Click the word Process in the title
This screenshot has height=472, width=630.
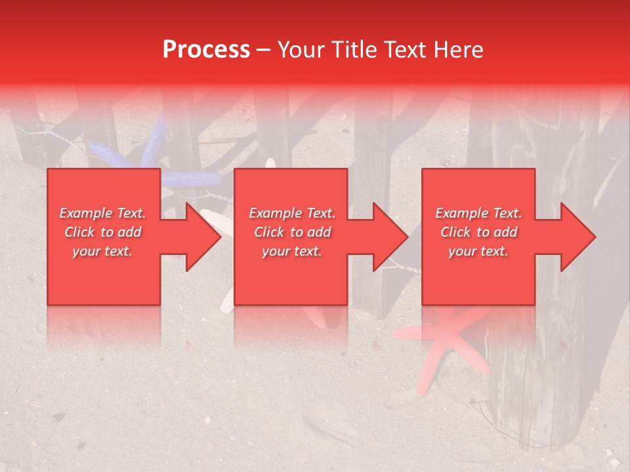(206, 50)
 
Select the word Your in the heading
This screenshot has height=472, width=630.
(303, 50)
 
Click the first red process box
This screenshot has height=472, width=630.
(104, 275)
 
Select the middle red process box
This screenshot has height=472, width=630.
(291, 275)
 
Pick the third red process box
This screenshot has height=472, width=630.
(478, 275)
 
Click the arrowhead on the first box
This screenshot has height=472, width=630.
(203, 237)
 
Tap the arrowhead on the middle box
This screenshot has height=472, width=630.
(390, 237)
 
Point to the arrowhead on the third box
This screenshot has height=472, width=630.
(578, 237)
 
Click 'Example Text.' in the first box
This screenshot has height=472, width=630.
(103, 213)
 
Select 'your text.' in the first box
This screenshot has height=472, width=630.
(103, 251)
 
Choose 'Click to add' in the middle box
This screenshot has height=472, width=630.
(292, 232)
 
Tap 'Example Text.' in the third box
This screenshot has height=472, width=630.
(478, 213)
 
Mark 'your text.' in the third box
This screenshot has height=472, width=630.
(478, 251)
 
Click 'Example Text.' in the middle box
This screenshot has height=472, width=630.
(292, 213)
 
